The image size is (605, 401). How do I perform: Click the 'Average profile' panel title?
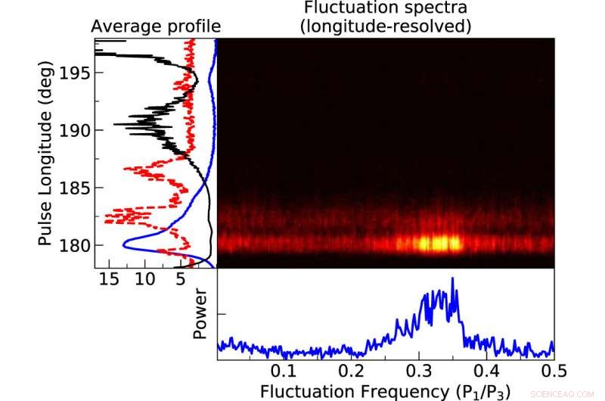(155, 27)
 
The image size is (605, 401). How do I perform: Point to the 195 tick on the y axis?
(74, 73)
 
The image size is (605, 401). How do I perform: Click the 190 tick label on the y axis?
(74, 130)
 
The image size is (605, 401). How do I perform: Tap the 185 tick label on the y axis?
(74, 188)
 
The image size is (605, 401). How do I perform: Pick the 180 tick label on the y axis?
(74, 245)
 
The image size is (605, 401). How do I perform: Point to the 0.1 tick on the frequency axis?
(284, 371)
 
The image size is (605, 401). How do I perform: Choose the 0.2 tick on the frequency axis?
(352, 371)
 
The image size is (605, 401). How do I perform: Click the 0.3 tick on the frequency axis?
(419, 371)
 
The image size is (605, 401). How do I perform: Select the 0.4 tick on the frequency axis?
(486, 371)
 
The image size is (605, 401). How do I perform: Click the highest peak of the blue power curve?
(452, 279)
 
